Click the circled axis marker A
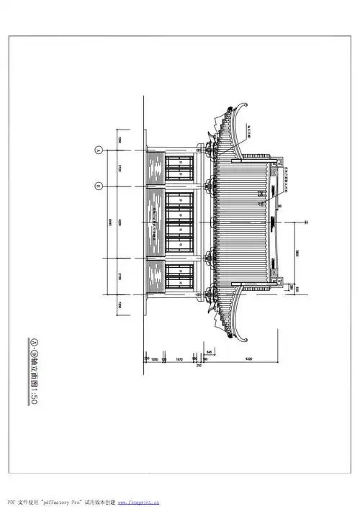[97, 150]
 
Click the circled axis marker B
[97, 185]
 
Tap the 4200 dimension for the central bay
[119, 222]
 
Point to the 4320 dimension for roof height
[248, 358]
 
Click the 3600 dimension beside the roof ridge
[298, 253]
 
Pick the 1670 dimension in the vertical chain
[179, 358]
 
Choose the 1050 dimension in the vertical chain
[155, 358]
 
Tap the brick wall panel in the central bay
[155, 222]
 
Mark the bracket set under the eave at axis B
[210, 185]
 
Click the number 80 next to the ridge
[279, 207]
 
